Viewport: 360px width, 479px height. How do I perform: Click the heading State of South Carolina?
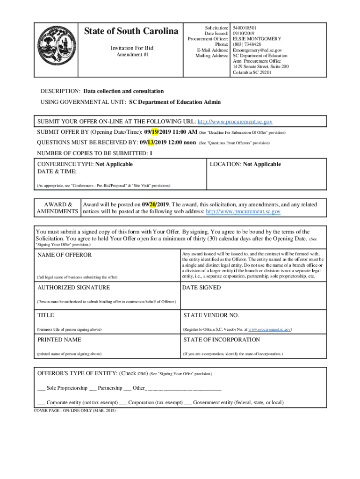click(131, 31)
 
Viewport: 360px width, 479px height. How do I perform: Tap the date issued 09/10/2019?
click(243, 34)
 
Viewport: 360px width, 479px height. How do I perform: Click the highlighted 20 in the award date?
click(153, 204)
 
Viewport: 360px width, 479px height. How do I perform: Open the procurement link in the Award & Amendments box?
click(243, 211)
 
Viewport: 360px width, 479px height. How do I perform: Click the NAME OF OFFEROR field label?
click(65, 255)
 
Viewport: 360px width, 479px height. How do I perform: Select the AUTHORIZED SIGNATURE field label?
click(73, 288)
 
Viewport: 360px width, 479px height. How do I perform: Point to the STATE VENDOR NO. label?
click(208, 315)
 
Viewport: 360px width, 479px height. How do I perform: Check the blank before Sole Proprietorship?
click(41, 388)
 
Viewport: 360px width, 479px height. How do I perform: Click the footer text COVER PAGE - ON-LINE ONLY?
click(74, 410)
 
